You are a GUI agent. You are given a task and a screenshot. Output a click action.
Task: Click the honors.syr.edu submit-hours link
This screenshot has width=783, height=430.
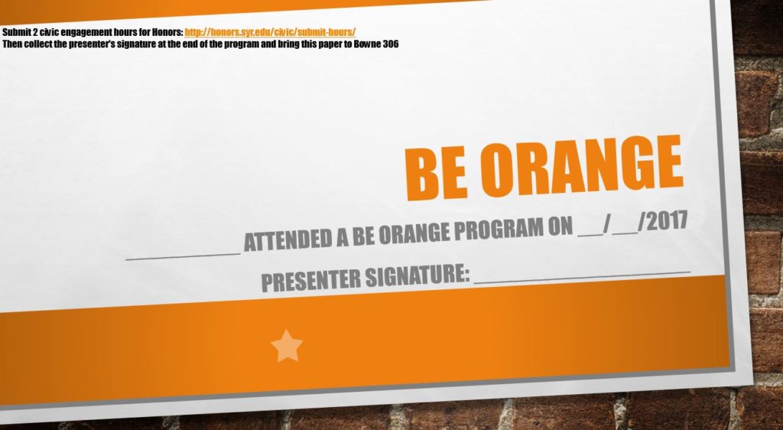click(x=270, y=32)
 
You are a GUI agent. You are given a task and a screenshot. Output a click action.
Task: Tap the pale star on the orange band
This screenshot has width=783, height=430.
click(x=287, y=346)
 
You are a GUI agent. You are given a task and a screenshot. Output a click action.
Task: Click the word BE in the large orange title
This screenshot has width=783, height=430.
click(x=437, y=172)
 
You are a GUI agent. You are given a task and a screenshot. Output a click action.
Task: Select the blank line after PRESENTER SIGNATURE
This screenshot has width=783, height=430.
click(x=582, y=276)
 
